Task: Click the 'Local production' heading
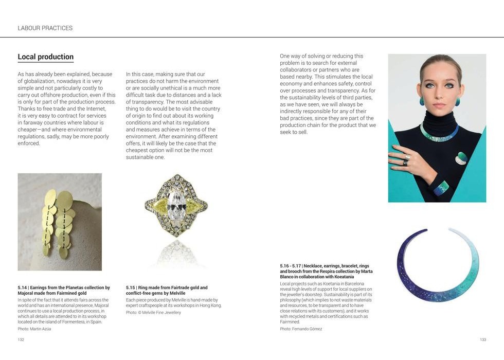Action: tap(45, 57)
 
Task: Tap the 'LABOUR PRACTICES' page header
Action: tap(45, 28)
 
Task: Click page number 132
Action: tap(21, 339)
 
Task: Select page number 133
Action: tap(482, 339)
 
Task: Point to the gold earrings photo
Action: tap(60, 222)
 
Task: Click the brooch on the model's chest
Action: tap(461, 158)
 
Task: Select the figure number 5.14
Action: tap(22, 288)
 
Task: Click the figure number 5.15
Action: tap(131, 288)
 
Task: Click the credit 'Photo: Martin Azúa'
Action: tap(34, 329)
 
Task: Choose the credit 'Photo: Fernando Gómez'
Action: tap(301, 329)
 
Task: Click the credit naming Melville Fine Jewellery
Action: tap(153, 312)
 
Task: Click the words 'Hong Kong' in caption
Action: tap(211, 305)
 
